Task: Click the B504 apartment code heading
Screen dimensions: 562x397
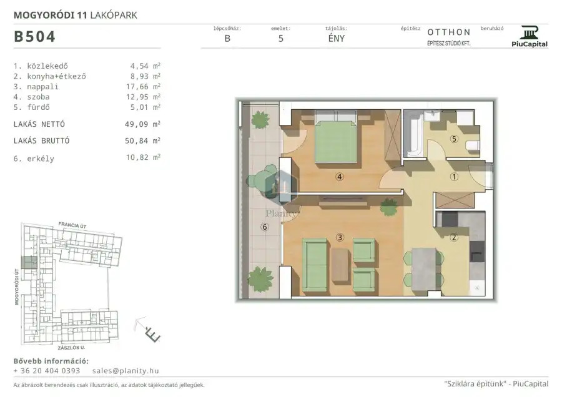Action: click(34, 37)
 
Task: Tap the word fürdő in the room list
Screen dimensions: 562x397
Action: click(38, 107)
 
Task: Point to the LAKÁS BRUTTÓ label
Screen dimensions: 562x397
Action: click(42, 141)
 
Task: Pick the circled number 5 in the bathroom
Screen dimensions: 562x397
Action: click(454, 139)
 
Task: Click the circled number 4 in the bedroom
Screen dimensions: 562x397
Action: click(340, 176)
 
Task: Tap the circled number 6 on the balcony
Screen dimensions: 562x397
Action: click(265, 227)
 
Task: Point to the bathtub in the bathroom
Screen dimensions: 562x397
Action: click(413, 134)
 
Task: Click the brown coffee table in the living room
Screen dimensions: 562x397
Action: click(340, 265)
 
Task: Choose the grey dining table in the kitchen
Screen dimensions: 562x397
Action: click(423, 269)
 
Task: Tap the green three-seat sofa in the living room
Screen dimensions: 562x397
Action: click(315, 265)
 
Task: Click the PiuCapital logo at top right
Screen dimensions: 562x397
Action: click(530, 36)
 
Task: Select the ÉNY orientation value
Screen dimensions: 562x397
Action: click(336, 38)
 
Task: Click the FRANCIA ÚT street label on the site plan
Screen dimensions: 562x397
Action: click(72, 225)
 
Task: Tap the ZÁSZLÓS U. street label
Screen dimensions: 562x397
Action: click(71, 348)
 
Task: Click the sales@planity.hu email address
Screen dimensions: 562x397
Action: click(126, 371)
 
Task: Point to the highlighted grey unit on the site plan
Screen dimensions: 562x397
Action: click(29, 263)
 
